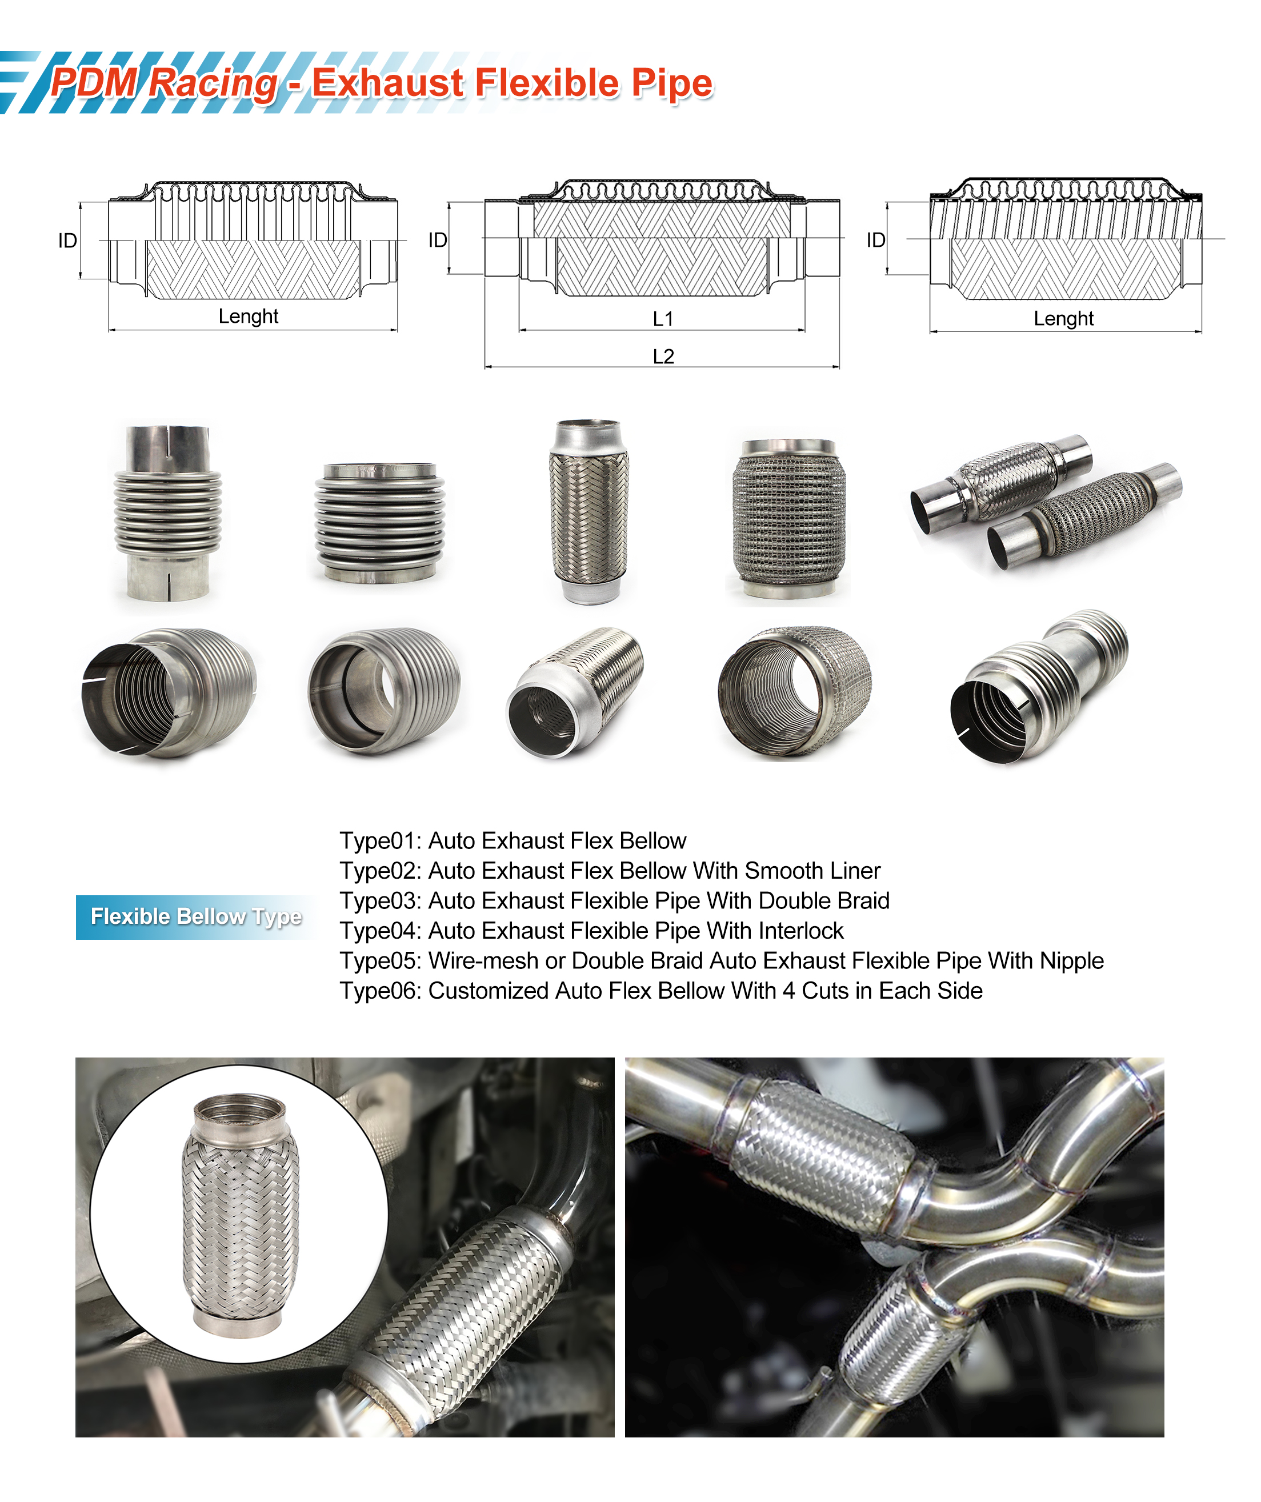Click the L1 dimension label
click(x=662, y=319)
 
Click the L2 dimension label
click(x=662, y=356)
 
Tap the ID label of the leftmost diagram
click(x=67, y=241)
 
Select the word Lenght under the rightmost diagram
click(x=1063, y=319)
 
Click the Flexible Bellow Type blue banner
click(x=195, y=916)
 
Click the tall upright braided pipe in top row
click(x=588, y=511)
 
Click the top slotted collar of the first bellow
click(x=167, y=447)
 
